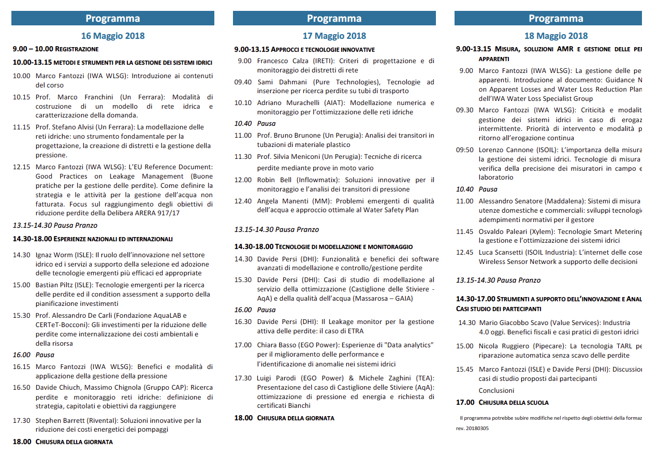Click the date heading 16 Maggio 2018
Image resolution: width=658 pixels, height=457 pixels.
coord(113,36)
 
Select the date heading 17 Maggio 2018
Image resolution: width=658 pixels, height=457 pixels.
coord(334,36)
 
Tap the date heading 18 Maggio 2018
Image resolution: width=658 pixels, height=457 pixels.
coord(556,36)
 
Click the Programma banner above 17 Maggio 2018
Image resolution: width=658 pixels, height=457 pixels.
coord(334,19)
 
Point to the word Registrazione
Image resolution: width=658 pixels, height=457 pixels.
coord(77,49)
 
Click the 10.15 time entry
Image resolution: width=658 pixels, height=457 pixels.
coord(22,97)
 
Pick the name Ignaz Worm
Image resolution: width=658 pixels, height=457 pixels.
coord(54,255)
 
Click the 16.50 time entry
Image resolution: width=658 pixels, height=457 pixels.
coord(22,388)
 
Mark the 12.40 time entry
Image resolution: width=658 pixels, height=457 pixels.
coord(243,201)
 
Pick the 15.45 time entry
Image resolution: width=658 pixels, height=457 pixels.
coord(465,370)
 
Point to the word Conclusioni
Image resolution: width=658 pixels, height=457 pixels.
coord(496,391)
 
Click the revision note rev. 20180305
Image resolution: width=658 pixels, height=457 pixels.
coord(472,429)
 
